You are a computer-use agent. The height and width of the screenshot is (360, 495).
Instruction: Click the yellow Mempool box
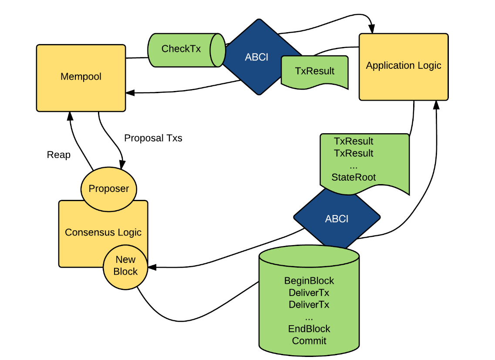(x=81, y=77)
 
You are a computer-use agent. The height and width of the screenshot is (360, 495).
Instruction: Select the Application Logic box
(x=403, y=67)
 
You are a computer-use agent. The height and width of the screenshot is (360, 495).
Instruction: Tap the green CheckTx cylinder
(x=181, y=49)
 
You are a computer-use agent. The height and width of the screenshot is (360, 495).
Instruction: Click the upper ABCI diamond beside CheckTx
(x=256, y=57)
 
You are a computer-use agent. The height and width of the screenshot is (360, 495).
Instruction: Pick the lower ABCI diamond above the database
(x=337, y=219)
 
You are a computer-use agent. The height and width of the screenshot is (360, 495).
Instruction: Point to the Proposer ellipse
(x=108, y=189)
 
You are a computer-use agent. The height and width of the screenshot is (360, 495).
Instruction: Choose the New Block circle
(x=125, y=266)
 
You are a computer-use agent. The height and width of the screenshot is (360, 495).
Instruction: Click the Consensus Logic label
(x=103, y=232)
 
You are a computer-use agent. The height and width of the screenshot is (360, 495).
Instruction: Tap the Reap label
(x=59, y=155)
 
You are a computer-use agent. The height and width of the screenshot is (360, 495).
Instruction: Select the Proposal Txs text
(x=153, y=138)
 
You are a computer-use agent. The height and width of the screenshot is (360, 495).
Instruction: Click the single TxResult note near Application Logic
(x=315, y=71)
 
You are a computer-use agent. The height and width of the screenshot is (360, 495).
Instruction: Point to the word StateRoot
(x=354, y=177)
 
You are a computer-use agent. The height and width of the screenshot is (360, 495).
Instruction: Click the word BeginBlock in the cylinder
(x=309, y=281)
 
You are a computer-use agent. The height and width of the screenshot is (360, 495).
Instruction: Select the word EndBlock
(x=309, y=329)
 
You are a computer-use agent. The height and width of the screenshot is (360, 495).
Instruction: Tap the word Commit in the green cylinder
(x=309, y=341)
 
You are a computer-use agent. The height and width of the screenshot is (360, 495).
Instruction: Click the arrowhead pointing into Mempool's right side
(x=129, y=92)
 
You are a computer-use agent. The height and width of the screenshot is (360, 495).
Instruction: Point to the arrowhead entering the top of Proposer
(x=122, y=165)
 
